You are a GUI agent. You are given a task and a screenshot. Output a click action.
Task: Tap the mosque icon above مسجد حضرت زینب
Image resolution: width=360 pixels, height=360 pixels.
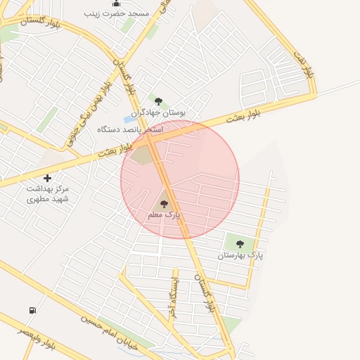116,3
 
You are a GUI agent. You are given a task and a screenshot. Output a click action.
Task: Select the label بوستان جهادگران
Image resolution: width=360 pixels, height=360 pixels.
158,112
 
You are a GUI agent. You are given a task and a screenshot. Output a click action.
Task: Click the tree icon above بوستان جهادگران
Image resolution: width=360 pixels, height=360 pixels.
158,101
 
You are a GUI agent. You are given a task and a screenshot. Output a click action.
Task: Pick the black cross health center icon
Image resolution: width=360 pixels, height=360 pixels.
47,178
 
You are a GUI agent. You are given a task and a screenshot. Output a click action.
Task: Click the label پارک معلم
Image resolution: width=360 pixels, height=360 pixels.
164,214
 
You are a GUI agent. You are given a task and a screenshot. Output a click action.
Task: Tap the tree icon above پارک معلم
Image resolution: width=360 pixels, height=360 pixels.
164,204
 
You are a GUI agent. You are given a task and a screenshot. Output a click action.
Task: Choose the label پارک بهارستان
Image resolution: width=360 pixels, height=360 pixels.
240,255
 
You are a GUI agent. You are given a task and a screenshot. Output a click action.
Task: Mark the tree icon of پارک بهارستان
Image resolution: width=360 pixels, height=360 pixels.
240,244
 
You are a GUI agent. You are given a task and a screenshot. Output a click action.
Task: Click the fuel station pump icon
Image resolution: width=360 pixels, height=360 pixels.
32,310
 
